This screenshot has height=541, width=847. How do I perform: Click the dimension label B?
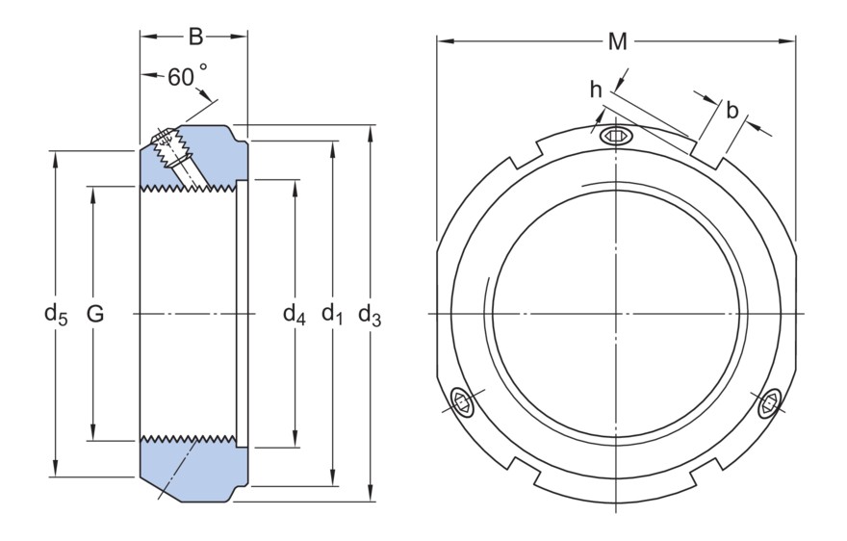point(194,38)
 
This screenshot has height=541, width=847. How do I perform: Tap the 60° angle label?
point(187,77)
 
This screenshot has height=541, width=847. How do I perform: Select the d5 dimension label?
point(56,314)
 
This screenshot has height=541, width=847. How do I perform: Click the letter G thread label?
point(94,314)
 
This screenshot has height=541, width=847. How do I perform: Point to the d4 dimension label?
point(294,314)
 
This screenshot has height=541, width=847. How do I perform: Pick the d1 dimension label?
point(333,314)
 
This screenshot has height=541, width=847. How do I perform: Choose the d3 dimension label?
point(371,314)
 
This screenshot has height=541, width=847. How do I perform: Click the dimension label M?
point(617,41)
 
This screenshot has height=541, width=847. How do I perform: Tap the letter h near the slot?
point(596,90)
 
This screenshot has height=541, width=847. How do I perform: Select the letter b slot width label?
point(732,110)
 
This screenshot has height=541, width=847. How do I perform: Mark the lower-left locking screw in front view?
point(463,402)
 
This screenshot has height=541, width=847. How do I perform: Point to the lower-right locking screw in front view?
point(769,405)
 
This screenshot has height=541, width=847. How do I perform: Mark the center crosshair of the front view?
point(617,314)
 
